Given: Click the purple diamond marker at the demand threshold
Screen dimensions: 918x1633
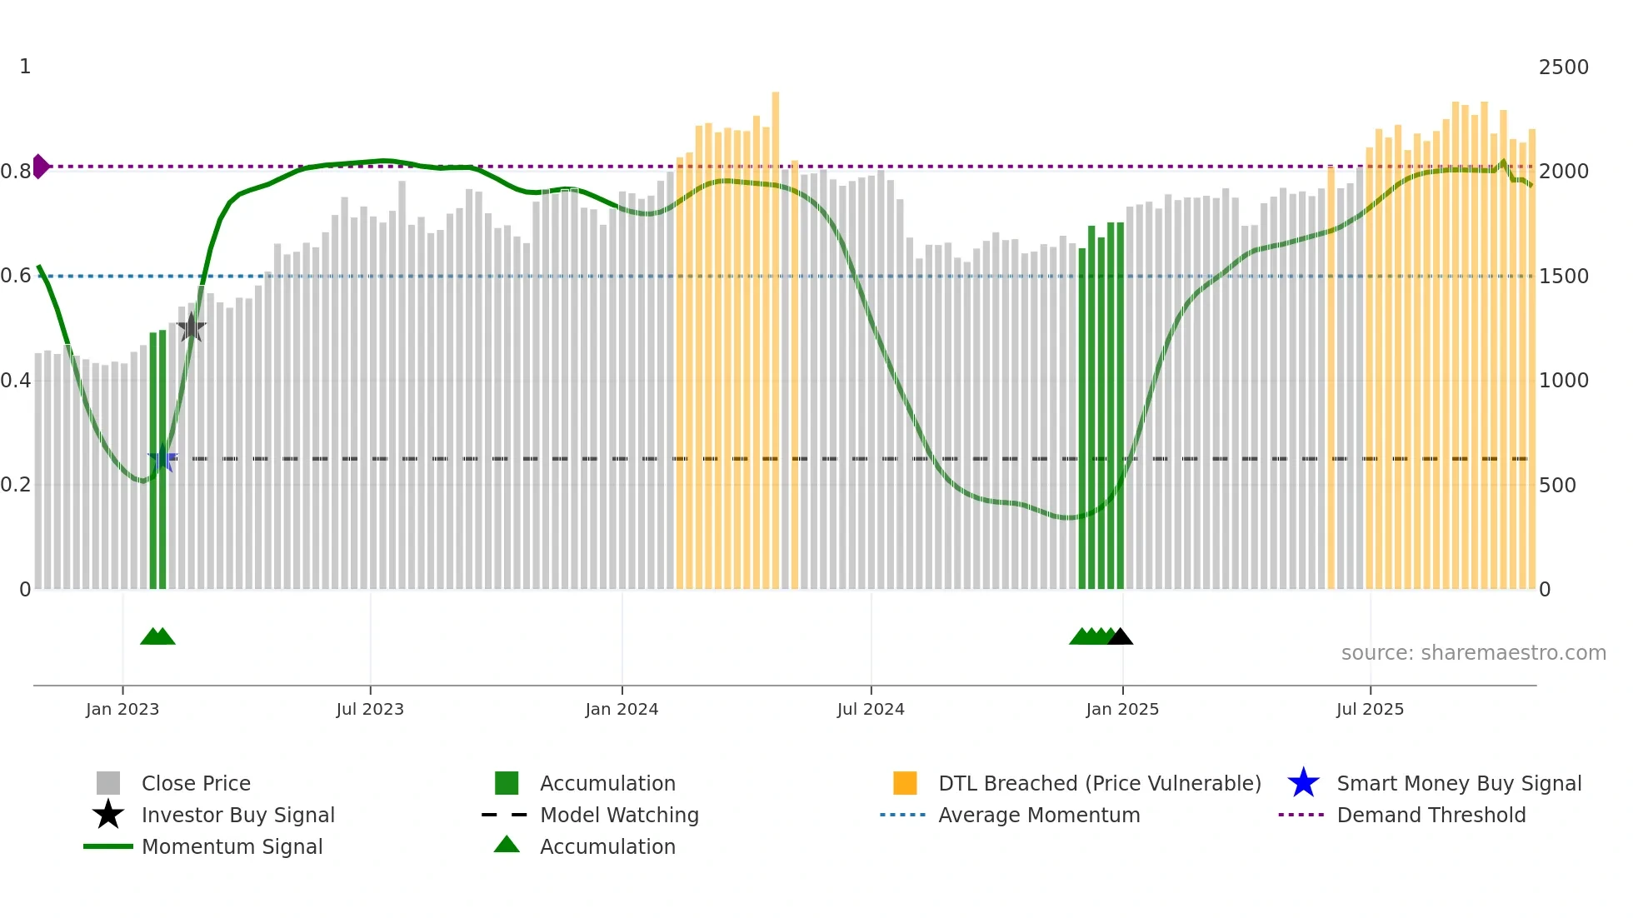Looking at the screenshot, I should coord(40,167).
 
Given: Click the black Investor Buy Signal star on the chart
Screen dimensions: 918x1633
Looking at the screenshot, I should coord(192,327).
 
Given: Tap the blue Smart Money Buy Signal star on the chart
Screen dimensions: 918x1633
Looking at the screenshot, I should coord(162,459).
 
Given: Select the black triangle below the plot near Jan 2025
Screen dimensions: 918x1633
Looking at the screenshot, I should coord(1121,637).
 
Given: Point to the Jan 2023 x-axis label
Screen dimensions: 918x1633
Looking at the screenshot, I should coord(122,709).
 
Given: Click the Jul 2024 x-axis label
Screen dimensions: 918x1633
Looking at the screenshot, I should coord(871,709).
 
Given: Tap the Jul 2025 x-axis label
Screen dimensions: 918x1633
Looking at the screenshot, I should coord(1370,709).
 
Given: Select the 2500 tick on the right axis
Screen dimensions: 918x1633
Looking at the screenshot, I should coord(1563,67).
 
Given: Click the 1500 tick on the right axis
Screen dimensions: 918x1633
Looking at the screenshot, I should coord(1563,277).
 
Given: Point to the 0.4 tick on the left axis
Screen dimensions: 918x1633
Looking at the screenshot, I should coord(16,381).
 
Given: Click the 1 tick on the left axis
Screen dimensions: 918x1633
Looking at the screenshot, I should coord(25,67).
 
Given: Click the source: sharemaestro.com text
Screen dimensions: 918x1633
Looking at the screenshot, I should coord(1473,653).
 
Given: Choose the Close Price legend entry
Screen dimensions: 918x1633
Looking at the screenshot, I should coord(196,784).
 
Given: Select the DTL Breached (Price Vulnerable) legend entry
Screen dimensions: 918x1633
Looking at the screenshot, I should coord(1099,784).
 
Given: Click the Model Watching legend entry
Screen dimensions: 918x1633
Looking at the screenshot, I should coord(619,816).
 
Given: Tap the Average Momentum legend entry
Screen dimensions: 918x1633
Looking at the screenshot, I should coord(1039,816).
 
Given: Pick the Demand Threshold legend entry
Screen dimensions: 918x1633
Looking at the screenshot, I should coord(1431,816).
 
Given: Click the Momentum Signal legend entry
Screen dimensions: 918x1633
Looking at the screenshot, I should coord(232,847).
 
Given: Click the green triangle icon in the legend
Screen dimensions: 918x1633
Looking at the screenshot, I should coord(507,845).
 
